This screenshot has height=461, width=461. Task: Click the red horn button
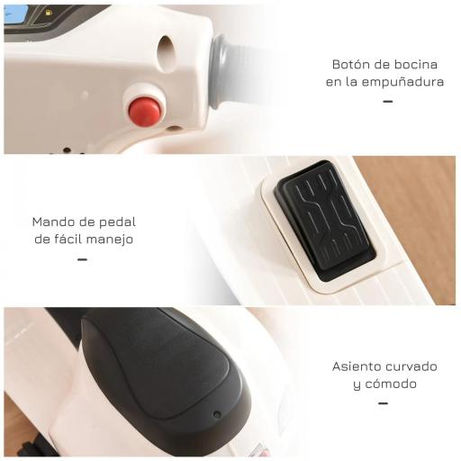click(x=144, y=111)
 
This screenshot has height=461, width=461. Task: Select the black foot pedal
click(x=323, y=217)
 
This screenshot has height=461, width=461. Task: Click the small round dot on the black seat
click(x=216, y=415)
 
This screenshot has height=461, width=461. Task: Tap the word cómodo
click(x=393, y=384)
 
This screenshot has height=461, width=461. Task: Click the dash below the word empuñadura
click(x=388, y=101)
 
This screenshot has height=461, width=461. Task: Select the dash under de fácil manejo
click(x=82, y=259)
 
